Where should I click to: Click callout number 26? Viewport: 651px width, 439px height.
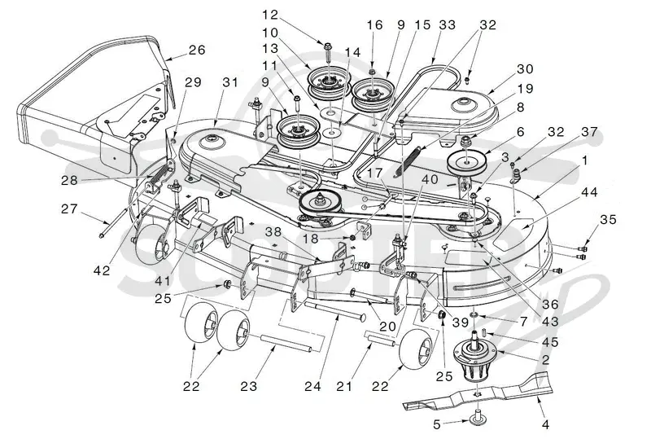coord(197,50)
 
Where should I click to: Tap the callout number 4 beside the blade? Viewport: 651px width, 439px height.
coord(546,424)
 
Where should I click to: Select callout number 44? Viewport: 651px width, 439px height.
coord(589,192)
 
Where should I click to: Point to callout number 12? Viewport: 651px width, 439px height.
coord(270,15)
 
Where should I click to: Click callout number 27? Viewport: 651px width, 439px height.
coord(69,209)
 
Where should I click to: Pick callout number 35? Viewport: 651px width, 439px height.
coord(608,219)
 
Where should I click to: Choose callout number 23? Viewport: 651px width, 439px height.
coord(249,386)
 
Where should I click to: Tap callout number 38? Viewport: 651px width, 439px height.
coord(273,232)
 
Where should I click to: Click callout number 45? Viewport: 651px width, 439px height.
coord(550,342)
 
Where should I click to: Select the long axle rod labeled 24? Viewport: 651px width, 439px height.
coord(335,310)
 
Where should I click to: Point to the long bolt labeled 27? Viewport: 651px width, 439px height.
coord(114,223)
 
